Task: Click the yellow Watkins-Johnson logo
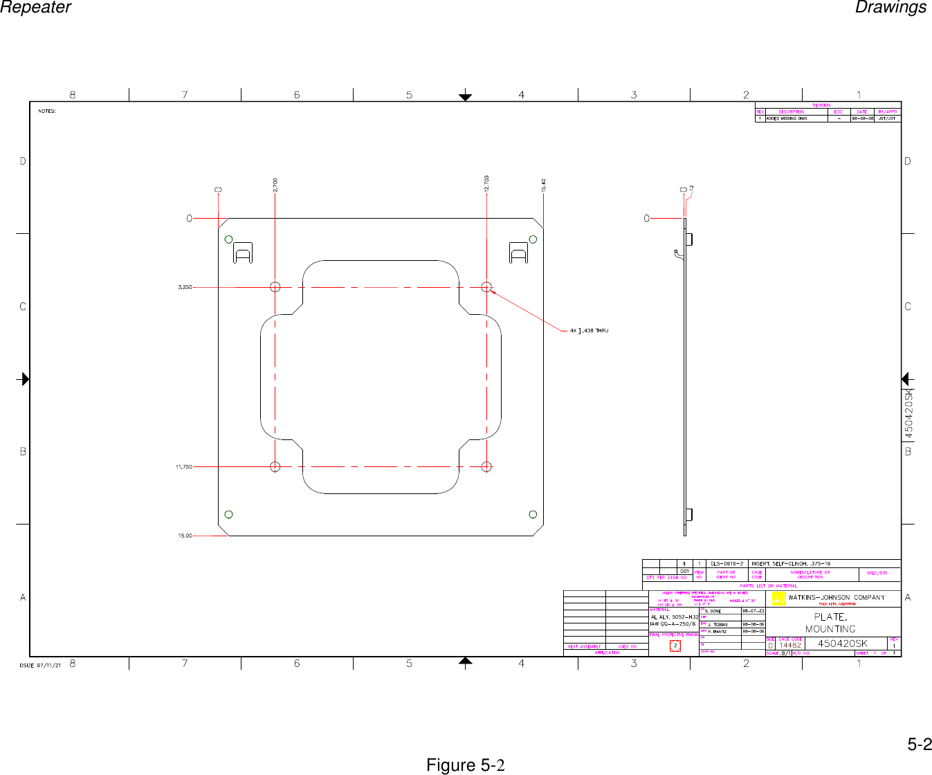pyautogui.click(x=778, y=599)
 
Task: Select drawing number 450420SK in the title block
pyautogui.click(x=842, y=644)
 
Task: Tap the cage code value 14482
pyautogui.click(x=790, y=645)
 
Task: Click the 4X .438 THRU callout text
pyautogui.click(x=589, y=331)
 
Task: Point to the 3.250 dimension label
pyautogui.click(x=185, y=286)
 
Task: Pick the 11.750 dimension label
pyautogui.click(x=183, y=467)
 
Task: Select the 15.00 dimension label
pyautogui.click(x=185, y=536)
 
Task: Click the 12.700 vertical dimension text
pyautogui.click(x=487, y=183)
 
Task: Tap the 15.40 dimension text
pyautogui.click(x=544, y=185)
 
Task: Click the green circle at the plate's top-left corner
pyautogui.click(x=228, y=239)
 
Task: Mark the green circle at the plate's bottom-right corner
pyautogui.click(x=533, y=514)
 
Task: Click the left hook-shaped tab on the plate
pyautogui.click(x=242, y=253)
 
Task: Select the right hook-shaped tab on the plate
pyautogui.click(x=518, y=253)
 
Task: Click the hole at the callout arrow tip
pyautogui.click(x=486, y=286)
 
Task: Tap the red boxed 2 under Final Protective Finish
pyautogui.click(x=675, y=646)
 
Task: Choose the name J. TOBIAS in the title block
pyautogui.click(x=718, y=624)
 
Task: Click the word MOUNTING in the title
pyautogui.click(x=830, y=629)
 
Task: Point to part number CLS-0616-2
pyautogui.click(x=727, y=563)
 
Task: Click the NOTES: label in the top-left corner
pyautogui.click(x=47, y=111)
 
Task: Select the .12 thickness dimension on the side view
pyautogui.click(x=691, y=188)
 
